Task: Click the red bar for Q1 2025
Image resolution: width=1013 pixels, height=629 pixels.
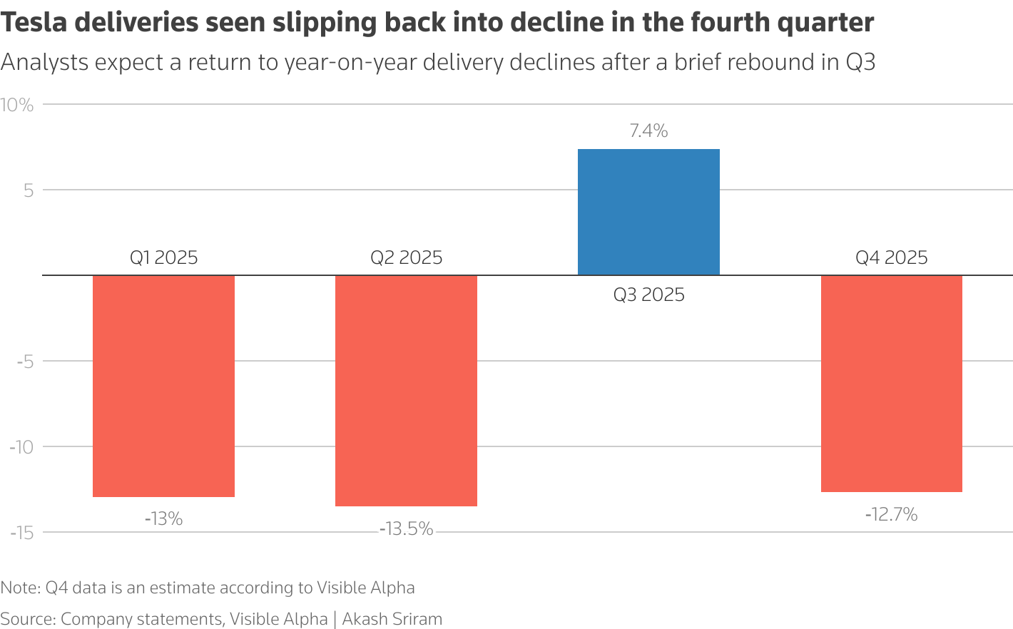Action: coord(163,386)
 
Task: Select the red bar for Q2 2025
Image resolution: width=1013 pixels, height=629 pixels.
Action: coord(406,391)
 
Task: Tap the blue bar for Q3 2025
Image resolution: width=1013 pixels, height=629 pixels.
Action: coord(648,212)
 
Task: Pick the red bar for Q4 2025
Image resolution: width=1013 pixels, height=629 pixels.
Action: coord(891,384)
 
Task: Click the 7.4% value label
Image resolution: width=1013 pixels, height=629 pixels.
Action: coord(648,131)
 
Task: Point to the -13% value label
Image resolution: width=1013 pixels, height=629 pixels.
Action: coord(163,519)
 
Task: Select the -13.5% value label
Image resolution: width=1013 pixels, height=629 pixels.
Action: coord(406,529)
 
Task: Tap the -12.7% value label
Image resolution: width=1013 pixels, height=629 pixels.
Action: coord(891,515)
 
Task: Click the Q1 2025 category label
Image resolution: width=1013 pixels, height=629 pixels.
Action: coord(163,258)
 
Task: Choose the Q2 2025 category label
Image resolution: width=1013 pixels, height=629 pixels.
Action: coord(406,258)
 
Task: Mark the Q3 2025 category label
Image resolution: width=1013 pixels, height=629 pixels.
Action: coord(648,295)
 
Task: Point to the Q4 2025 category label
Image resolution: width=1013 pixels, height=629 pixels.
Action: coord(891,258)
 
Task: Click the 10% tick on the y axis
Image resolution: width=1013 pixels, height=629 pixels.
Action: coord(17,106)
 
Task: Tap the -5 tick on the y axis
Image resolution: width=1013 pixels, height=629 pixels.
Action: coord(25,362)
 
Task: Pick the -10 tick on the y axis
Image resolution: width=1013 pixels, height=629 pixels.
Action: coord(21,447)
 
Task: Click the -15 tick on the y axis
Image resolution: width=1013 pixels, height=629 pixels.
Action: coord(21,533)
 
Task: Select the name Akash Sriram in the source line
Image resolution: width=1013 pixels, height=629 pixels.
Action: coord(392,619)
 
